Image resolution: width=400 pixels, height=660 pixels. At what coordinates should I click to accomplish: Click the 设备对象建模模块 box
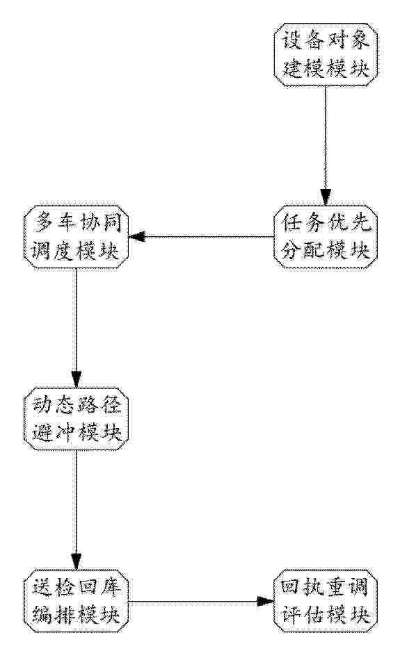click(x=325, y=55)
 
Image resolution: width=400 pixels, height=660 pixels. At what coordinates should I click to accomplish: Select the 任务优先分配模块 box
click(x=325, y=237)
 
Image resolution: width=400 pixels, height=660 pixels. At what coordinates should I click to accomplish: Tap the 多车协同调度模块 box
click(x=76, y=237)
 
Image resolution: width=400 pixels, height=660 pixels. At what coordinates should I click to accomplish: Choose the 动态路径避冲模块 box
click(x=76, y=419)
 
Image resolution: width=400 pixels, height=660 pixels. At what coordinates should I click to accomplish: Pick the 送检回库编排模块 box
click(x=76, y=601)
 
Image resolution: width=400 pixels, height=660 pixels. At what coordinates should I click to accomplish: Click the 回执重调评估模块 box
click(x=325, y=601)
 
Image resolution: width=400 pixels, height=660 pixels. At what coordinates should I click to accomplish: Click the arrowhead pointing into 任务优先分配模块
click(x=325, y=197)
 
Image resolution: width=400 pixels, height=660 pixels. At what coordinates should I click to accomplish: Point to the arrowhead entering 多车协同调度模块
click(x=136, y=237)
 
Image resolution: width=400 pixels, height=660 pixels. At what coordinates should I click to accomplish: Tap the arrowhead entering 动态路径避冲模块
click(x=77, y=379)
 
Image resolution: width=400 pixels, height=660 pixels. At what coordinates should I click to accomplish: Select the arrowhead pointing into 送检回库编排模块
click(x=77, y=562)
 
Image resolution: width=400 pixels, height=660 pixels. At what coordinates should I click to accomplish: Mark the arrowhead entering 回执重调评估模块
click(x=266, y=601)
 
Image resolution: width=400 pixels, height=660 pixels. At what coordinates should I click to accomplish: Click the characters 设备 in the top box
click(x=302, y=41)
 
